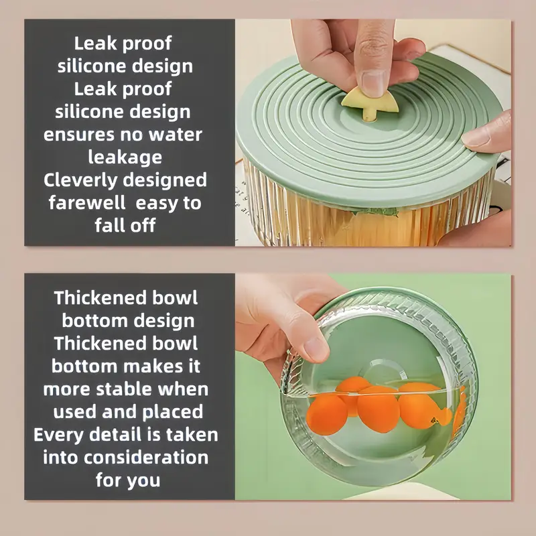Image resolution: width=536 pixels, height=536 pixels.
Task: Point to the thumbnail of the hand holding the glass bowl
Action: pyautogui.click(x=316, y=350)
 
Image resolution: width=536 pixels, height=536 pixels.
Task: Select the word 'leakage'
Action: pyautogui.click(x=125, y=157)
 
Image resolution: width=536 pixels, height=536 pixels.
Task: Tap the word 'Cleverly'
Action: pyautogui.click(x=80, y=180)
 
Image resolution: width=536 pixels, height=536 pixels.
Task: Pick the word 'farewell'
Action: pyautogui.click(x=87, y=203)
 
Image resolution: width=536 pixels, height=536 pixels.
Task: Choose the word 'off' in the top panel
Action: pyautogui.click(x=142, y=226)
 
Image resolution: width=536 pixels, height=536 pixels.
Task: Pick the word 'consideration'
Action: pyautogui.click(x=146, y=458)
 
